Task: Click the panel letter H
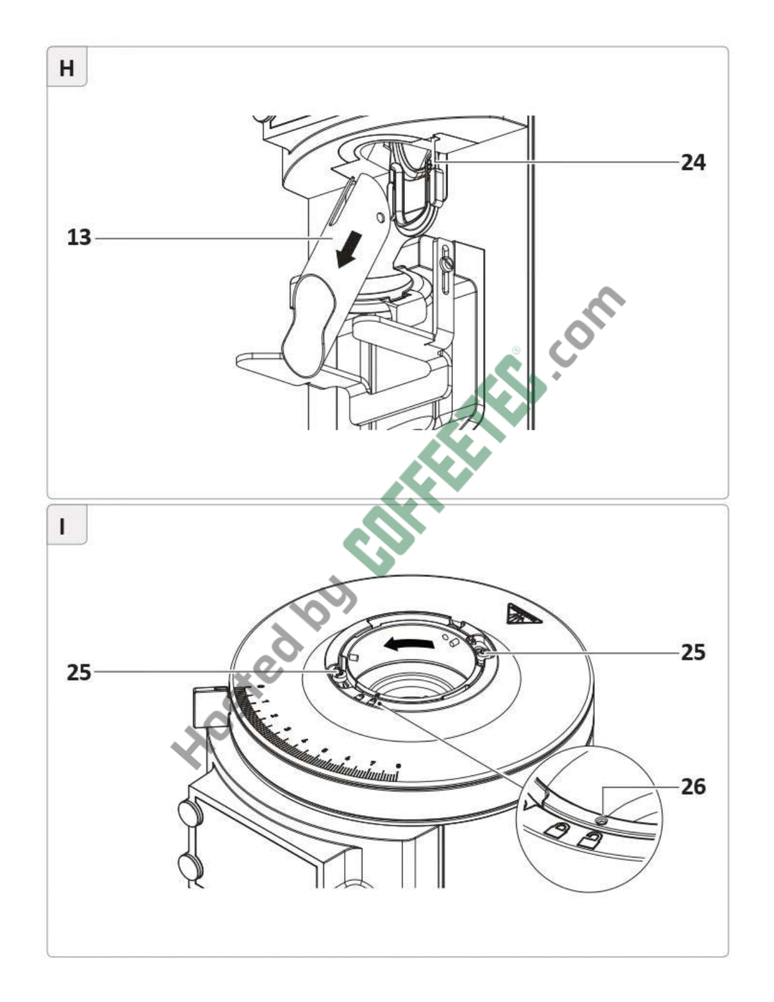[x=67, y=69]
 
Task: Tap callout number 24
[x=693, y=163]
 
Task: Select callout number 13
[x=80, y=238]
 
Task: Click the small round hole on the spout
[x=381, y=216]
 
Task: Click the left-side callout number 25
[x=80, y=673]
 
